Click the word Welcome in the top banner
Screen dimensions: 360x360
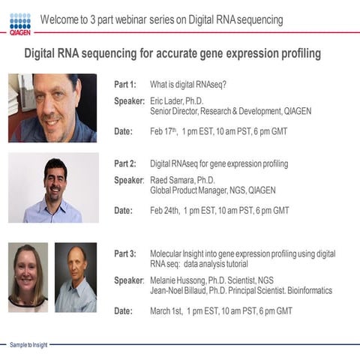coord(60,19)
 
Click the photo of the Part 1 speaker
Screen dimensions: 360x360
coord(52,108)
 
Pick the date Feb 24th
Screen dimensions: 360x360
coord(165,211)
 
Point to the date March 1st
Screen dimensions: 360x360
coord(167,310)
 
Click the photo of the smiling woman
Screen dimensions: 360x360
coord(28,277)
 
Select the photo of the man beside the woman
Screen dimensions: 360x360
coord(76,277)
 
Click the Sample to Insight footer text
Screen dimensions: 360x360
coord(28,344)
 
